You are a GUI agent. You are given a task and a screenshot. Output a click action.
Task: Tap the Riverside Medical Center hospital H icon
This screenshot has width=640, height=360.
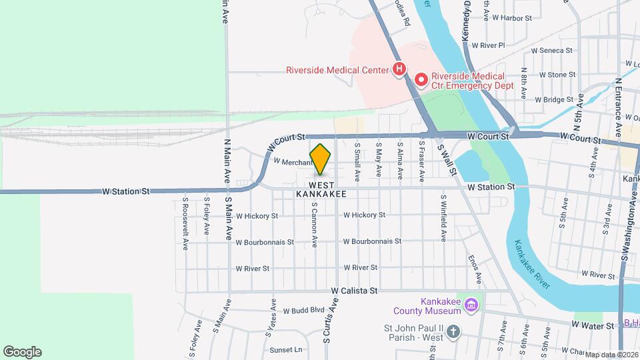coord(399,69)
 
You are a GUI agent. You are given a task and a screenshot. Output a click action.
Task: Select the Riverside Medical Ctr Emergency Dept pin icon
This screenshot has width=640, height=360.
coord(421,80)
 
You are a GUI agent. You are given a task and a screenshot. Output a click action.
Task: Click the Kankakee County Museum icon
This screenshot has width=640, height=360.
coord(471,305)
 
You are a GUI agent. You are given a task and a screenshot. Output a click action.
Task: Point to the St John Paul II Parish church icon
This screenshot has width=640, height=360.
coord(453,332)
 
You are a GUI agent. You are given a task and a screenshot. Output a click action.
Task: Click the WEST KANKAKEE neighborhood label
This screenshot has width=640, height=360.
coord(321,189)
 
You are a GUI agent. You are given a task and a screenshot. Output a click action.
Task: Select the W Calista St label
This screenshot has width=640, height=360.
coord(355,291)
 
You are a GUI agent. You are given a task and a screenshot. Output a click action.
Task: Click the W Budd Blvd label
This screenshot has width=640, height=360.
coord(303,311)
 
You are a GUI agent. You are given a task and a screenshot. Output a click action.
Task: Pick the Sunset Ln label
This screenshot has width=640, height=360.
coord(286,349)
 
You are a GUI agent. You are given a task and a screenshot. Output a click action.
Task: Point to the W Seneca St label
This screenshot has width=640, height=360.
coord(551,50)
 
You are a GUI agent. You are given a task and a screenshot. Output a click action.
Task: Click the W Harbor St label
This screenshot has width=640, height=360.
coord(511,19)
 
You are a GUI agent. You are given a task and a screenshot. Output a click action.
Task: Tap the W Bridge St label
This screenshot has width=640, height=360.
coord(545,100)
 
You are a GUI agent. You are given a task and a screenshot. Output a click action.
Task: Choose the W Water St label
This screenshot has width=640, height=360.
coord(591,325)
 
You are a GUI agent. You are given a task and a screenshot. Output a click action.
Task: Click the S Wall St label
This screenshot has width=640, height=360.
coord(446,160)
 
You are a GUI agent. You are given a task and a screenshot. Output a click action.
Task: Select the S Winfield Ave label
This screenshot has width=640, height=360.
coord(443,218)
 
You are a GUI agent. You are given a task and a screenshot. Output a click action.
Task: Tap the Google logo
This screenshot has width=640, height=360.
coord(22,351)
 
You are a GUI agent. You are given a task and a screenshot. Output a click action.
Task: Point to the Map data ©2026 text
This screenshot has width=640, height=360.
coord(612,354)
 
